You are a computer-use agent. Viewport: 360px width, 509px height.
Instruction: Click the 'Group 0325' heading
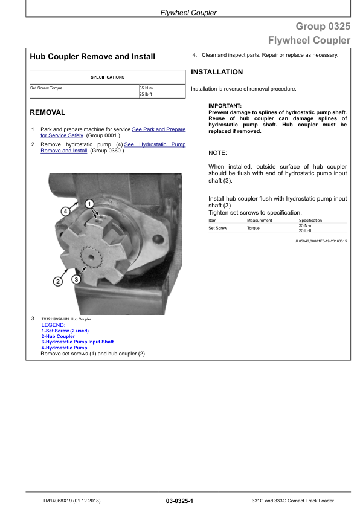(x=323, y=26)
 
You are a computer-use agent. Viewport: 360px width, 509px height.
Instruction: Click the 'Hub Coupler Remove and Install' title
(x=92, y=57)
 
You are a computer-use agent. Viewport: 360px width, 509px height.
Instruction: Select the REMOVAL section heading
(x=48, y=112)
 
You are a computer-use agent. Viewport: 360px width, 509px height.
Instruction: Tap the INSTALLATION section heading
(x=217, y=72)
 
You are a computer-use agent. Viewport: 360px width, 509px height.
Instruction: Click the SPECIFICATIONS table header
(x=108, y=77)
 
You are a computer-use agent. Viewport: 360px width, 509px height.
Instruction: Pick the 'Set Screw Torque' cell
(x=47, y=88)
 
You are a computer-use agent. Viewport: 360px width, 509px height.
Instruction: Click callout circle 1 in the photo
(x=89, y=204)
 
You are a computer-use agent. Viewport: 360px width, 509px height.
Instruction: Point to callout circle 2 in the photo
(x=58, y=281)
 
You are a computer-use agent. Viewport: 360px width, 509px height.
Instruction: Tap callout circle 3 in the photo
(x=77, y=279)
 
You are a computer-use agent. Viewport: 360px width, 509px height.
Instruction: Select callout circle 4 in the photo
(x=65, y=211)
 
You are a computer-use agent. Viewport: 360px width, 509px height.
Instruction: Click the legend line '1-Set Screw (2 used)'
(x=65, y=331)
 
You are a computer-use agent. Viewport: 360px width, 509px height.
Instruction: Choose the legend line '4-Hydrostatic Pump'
(x=64, y=348)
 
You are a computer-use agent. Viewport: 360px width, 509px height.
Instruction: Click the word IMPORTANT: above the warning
(x=225, y=106)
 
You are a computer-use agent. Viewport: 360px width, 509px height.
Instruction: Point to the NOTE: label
(x=217, y=152)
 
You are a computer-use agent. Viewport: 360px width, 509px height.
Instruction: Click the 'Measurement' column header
(x=260, y=221)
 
